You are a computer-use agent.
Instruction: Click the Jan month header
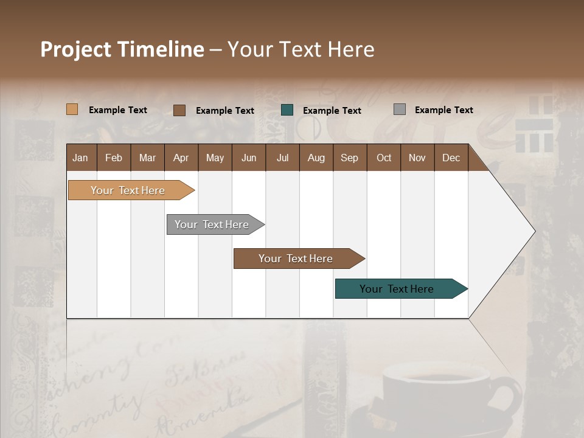(81, 158)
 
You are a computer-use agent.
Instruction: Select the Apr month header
(181, 158)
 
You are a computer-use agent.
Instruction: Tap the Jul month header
(282, 158)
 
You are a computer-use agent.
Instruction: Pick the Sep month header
(349, 158)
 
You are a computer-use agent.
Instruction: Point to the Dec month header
(451, 158)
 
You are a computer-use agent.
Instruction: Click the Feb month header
(114, 158)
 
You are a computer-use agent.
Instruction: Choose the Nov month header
(417, 158)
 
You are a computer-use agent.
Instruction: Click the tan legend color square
(72, 109)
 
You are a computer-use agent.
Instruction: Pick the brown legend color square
(179, 110)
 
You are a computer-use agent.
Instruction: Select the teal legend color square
(287, 110)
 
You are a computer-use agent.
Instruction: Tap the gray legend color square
(400, 109)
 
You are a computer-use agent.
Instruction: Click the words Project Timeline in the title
(122, 49)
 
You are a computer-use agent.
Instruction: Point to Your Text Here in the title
(301, 49)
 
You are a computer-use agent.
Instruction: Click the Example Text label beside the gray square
(443, 109)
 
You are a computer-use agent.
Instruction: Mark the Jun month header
(249, 158)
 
